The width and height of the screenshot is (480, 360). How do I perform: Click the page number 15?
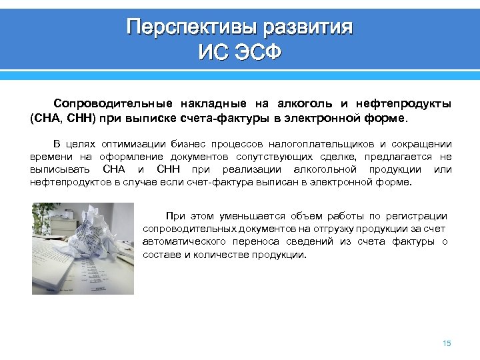click(447, 343)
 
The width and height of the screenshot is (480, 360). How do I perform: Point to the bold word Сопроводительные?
click(113, 104)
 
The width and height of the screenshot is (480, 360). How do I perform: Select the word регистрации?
click(418, 216)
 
